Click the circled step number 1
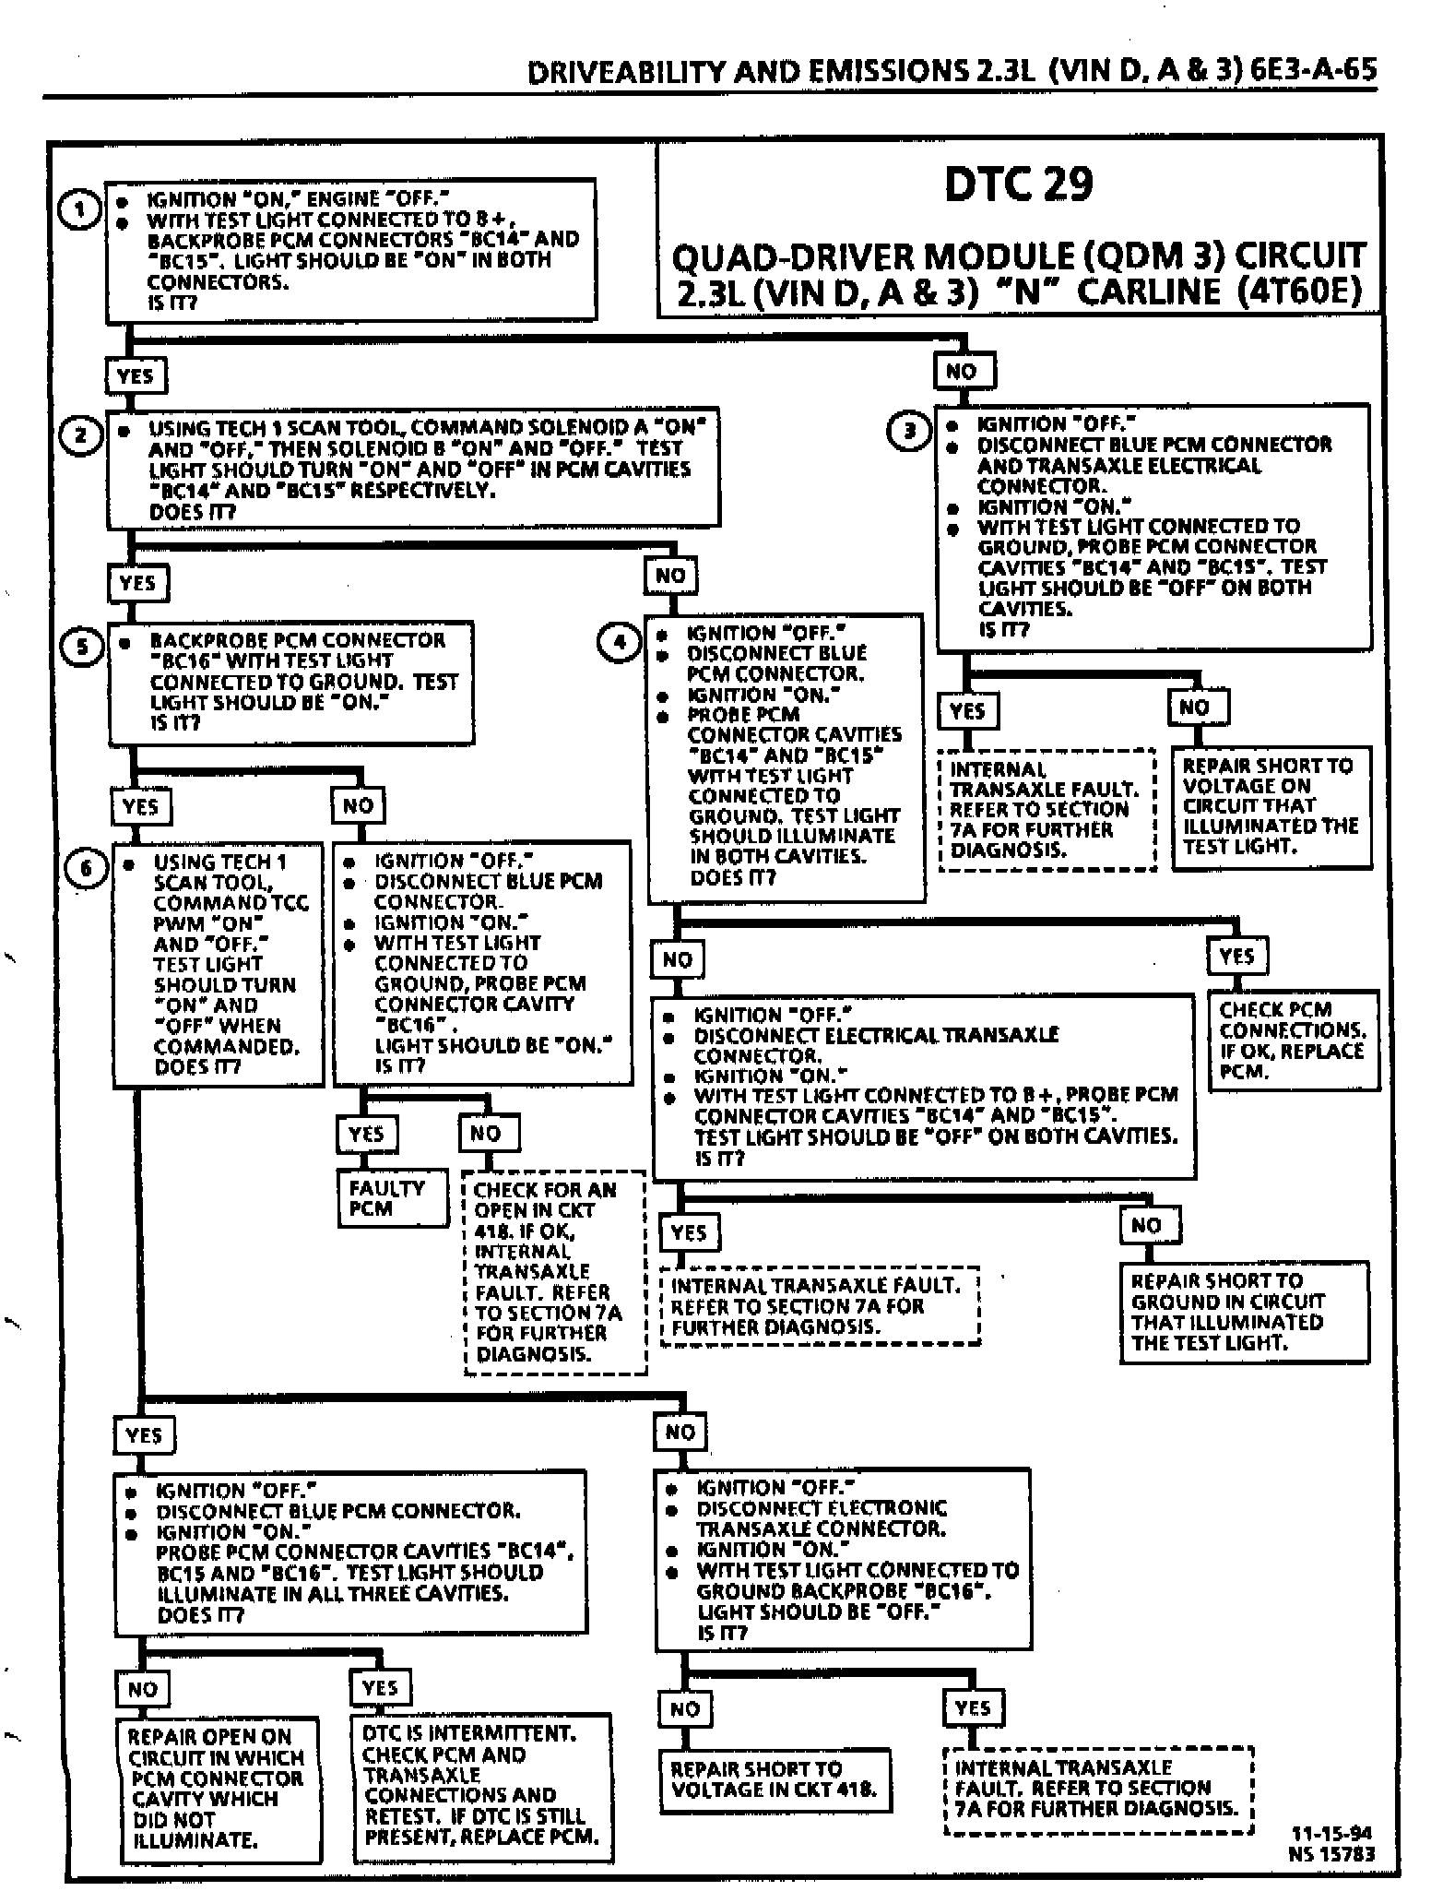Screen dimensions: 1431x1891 point(79,210)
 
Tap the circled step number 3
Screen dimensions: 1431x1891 point(909,430)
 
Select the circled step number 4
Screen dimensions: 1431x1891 point(619,642)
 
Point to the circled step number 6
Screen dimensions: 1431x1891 point(87,869)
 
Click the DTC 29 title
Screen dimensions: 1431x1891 point(1018,184)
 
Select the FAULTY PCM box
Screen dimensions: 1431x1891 point(392,1198)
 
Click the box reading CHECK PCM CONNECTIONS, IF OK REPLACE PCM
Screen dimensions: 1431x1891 point(1293,1040)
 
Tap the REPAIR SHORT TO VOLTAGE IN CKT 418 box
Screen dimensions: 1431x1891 point(775,1780)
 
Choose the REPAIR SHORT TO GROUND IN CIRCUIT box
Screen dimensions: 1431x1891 point(1244,1312)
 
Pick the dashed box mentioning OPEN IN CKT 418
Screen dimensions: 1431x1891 point(555,1272)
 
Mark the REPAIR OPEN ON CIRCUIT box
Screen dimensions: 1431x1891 point(219,1789)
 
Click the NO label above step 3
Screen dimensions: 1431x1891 point(962,372)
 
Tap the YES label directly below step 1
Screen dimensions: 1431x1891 point(135,375)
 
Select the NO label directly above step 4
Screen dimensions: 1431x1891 point(670,576)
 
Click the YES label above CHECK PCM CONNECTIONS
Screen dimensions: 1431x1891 point(1236,956)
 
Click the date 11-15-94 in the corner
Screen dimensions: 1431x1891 point(1331,1833)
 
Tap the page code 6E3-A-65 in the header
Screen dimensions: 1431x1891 point(1314,70)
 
